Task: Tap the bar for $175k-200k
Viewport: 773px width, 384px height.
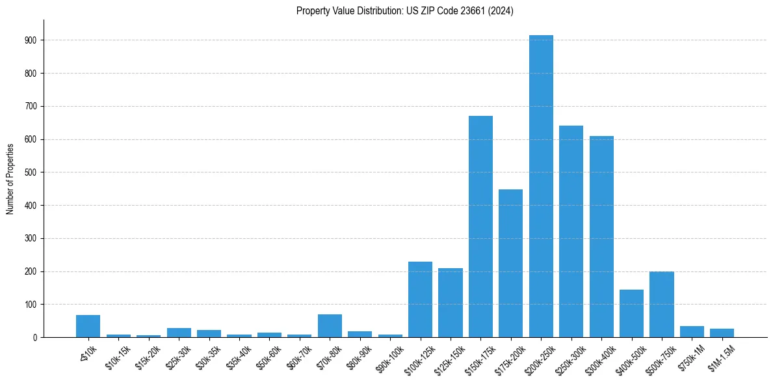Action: tap(510, 263)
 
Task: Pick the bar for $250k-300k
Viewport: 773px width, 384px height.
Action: tap(571, 231)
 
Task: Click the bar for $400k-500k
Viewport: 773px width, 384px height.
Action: tap(631, 313)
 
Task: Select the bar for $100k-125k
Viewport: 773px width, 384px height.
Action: tap(420, 299)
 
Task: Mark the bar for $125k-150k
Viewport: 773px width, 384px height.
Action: tap(450, 303)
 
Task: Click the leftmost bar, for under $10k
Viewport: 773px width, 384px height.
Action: tap(88, 326)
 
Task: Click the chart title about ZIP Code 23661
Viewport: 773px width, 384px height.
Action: tap(404, 11)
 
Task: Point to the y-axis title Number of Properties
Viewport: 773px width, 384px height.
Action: tap(10, 178)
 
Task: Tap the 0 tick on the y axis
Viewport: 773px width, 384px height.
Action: tap(34, 337)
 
